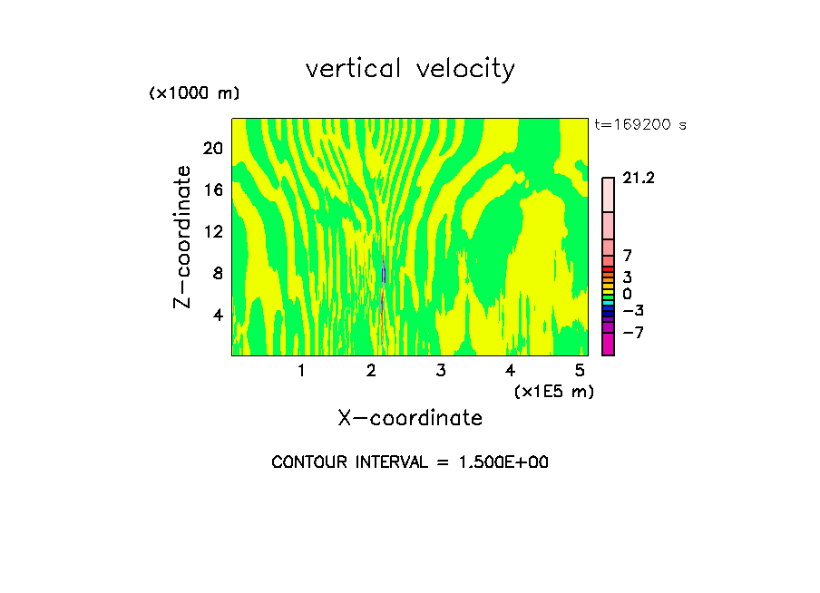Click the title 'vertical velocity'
click(x=410, y=69)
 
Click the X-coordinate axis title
click(x=410, y=418)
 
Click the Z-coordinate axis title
click(x=183, y=237)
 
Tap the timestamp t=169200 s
click(x=640, y=125)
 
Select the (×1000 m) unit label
click(x=194, y=93)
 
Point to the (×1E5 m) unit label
click(x=553, y=391)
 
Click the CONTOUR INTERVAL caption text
click(x=410, y=462)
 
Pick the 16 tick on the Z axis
click(x=212, y=190)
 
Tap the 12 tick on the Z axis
click(x=212, y=231)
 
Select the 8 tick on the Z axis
click(x=218, y=273)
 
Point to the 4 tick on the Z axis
click(x=218, y=315)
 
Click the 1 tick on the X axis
click(x=301, y=371)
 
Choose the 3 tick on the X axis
click(x=441, y=371)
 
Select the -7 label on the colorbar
click(x=632, y=333)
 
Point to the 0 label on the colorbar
click(x=627, y=295)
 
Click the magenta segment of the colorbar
click(x=608, y=344)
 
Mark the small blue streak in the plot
click(x=385, y=273)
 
